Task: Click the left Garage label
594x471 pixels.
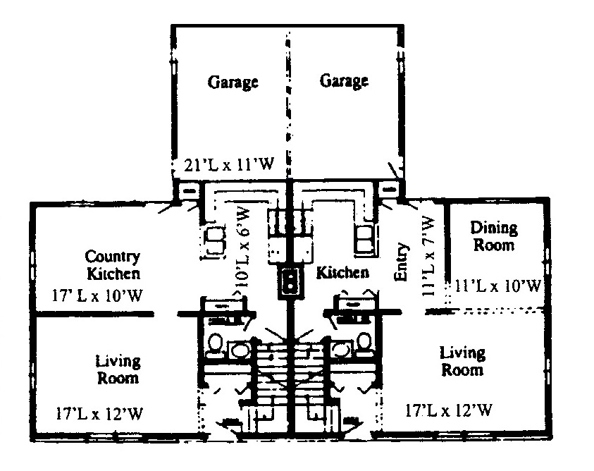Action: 233,82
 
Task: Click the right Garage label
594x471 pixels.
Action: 344,81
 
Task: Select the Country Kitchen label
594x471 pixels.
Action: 113,264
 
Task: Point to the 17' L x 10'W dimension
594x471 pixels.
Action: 99,295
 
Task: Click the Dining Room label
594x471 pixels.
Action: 494,236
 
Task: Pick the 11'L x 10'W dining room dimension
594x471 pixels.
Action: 499,286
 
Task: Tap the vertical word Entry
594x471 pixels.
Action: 402,262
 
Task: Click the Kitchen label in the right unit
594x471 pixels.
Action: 342,272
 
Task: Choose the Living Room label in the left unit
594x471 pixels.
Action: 118,369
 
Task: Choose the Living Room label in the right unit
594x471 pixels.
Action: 462,360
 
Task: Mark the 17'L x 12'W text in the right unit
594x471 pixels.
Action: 449,409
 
